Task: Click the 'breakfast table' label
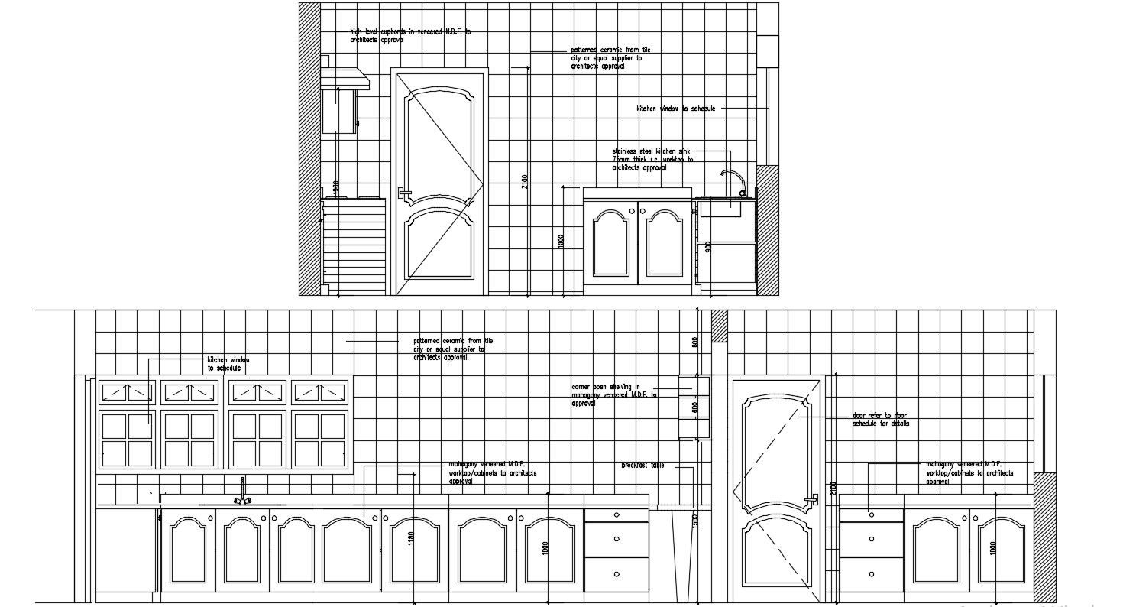click(642, 465)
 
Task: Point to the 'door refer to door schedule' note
click(881, 420)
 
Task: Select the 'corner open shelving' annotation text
click(614, 395)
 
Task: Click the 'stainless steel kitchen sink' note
click(652, 159)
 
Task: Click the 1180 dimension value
click(411, 538)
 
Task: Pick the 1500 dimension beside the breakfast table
click(695, 520)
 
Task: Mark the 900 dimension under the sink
click(708, 247)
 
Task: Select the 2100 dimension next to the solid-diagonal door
click(524, 181)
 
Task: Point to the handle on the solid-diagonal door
click(403, 193)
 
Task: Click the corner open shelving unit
click(694, 407)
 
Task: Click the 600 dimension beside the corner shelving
click(695, 407)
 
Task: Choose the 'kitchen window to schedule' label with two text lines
click(228, 363)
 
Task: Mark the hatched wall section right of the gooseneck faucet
click(767, 229)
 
